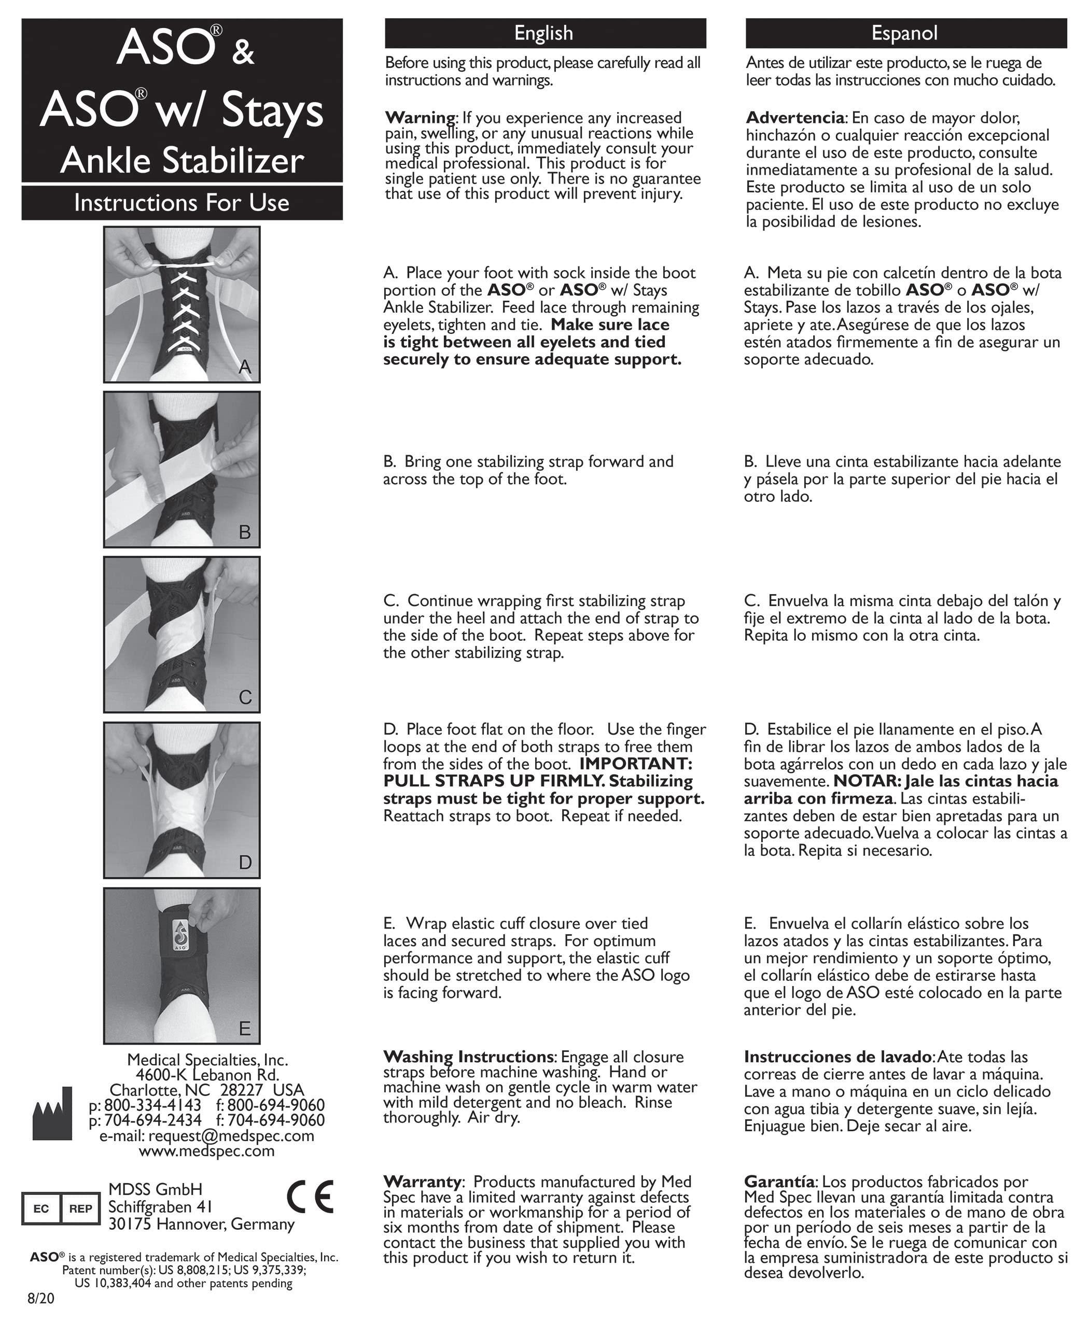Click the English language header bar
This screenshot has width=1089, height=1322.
click(x=544, y=33)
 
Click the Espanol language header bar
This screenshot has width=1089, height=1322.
click(x=905, y=33)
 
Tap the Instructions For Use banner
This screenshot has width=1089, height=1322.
click(x=182, y=203)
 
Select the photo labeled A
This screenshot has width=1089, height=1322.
click(x=182, y=305)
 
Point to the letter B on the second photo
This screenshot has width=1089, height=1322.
click(x=245, y=532)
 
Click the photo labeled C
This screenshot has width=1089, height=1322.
click(x=182, y=635)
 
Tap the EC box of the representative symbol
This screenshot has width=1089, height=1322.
click(x=41, y=1208)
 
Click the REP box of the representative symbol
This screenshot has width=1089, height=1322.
click(x=80, y=1208)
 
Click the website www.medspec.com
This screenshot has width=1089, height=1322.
click(x=206, y=1151)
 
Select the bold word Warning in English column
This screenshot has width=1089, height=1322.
click(x=420, y=118)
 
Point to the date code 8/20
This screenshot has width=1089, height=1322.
click(x=41, y=1299)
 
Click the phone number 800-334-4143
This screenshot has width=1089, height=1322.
click(x=152, y=1105)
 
